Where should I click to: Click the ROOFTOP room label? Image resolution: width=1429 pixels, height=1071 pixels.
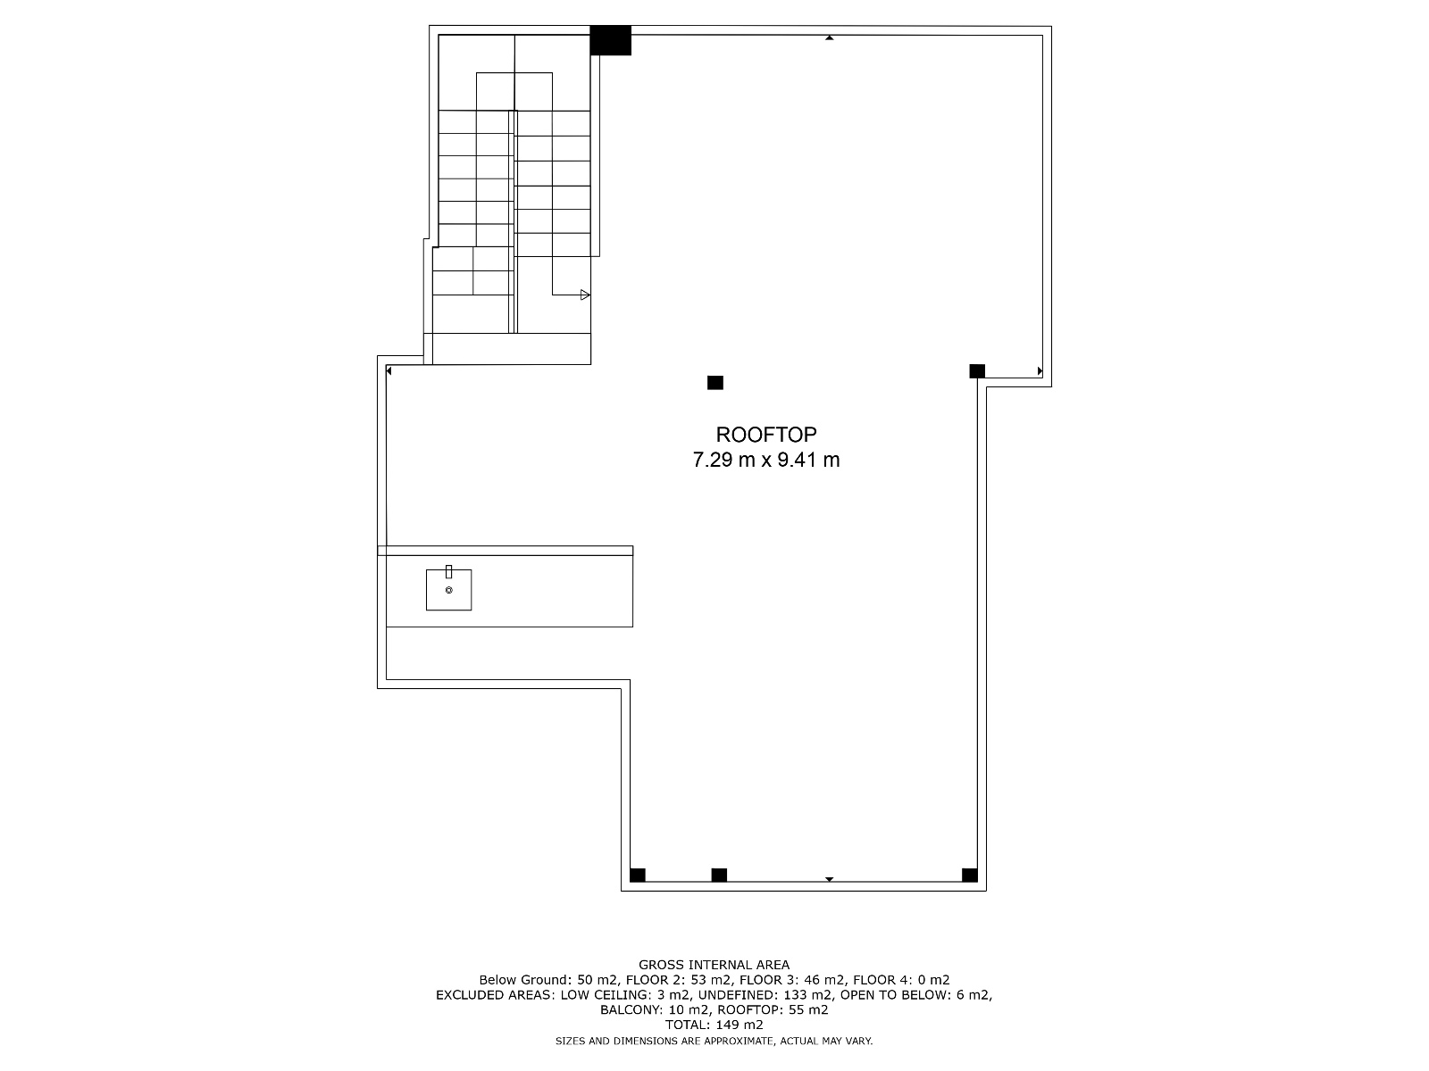point(765,435)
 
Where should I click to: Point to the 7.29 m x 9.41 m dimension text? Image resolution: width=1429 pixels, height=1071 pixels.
point(765,460)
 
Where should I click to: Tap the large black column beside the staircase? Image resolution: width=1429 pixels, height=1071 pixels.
point(610,40)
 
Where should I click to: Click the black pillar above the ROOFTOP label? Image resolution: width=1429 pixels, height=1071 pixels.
point(714,383)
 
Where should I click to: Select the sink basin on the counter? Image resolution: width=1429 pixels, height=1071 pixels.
point(448,590)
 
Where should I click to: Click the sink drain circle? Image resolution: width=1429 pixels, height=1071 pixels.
point(448,591)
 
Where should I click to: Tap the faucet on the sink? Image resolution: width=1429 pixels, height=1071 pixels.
point(448,571)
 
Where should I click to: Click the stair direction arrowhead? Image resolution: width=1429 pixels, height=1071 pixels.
point(585,295)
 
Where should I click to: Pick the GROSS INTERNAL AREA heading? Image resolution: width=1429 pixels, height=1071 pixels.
point(714,965)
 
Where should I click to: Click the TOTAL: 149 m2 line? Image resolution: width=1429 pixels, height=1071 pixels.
point(714,1025)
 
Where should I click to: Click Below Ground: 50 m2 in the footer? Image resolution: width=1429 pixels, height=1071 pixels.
point(549,980)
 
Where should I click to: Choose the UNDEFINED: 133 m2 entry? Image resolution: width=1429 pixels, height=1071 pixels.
point(765,995)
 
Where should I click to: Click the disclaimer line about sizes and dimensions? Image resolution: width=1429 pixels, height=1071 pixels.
point(714,1041)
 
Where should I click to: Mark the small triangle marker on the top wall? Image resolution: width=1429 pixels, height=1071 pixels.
point(830,37)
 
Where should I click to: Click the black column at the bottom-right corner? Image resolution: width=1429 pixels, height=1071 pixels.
point(969,876)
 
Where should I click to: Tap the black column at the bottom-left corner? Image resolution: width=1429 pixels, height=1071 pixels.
point(638,876)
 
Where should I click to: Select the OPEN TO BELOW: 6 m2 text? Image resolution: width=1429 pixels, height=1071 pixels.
point(916,995)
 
